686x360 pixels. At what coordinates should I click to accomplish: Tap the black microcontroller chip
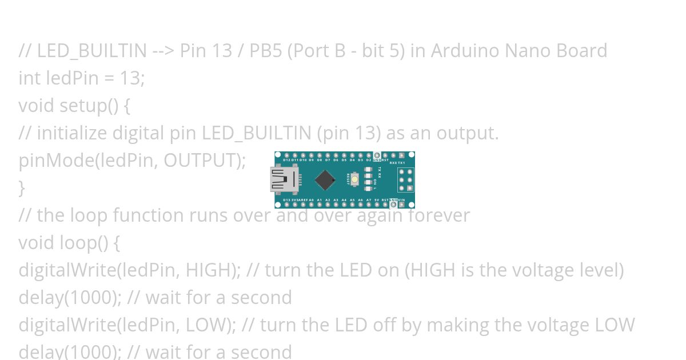[x=325, y=180]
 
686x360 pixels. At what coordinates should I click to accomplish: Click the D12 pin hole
[x=287, y=155]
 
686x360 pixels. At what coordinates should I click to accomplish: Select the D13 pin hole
[x=287, y=205]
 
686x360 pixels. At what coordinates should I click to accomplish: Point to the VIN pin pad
[x=401, y=205]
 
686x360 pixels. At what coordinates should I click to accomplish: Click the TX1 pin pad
[x=401, y=155]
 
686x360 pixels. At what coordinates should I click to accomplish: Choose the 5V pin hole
[x=377, y=205]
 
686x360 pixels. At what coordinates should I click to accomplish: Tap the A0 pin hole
[x=312, y=205]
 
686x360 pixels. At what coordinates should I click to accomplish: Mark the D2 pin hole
[x=369, y=155]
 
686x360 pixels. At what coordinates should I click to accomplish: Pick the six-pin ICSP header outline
[x=405, y=179]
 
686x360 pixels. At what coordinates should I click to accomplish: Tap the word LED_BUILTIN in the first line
[x=92, y=51]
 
